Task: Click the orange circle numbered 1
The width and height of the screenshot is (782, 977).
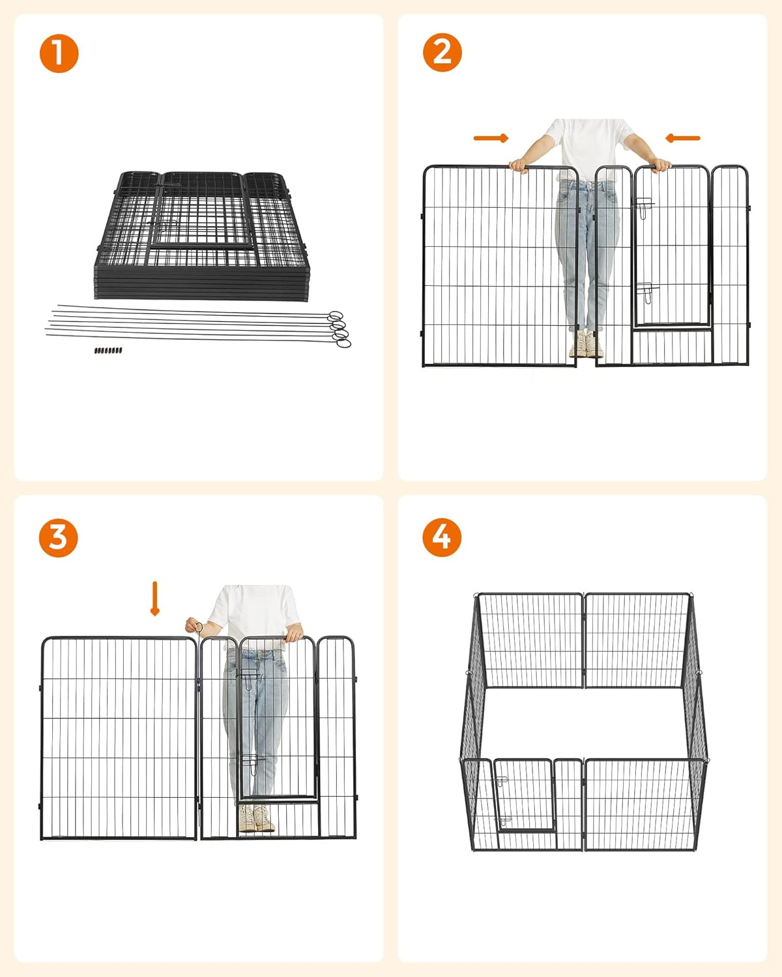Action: (59, 53)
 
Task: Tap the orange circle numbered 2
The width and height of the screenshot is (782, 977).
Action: (442, 52)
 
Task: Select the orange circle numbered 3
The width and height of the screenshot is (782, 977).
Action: (58, 537)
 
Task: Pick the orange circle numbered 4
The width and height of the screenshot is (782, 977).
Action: (442, 537)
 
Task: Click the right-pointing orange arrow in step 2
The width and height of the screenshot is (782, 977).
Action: (491, 138)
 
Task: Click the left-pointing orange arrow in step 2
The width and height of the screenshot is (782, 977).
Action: (682, 137)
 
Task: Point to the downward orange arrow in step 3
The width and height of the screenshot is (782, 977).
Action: (155, 599)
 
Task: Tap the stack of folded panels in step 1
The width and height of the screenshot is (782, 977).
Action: (201, 236)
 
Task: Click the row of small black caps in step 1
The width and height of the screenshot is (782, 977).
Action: (108, 350)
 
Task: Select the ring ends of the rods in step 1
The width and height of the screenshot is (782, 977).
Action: (339, 329)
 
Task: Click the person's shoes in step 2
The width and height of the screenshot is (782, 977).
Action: (586, 343)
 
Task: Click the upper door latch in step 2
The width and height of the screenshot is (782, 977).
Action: (644, 207)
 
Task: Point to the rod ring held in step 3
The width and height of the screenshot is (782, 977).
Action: (199, 627)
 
